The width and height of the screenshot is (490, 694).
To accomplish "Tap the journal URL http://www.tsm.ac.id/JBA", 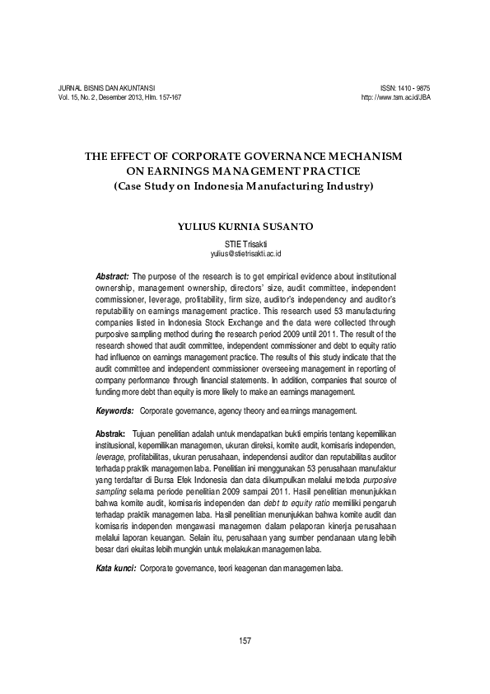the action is tap(396, 97).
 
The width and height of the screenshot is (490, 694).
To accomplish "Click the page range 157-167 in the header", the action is tap(166, 97).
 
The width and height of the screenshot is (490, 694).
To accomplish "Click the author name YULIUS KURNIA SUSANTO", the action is tap(244, 224).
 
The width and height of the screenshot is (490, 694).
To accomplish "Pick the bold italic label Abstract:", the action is tap(113, 274).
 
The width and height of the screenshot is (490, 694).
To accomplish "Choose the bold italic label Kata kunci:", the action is tap(116, 569).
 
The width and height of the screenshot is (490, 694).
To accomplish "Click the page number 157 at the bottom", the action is tap(244, 640).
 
